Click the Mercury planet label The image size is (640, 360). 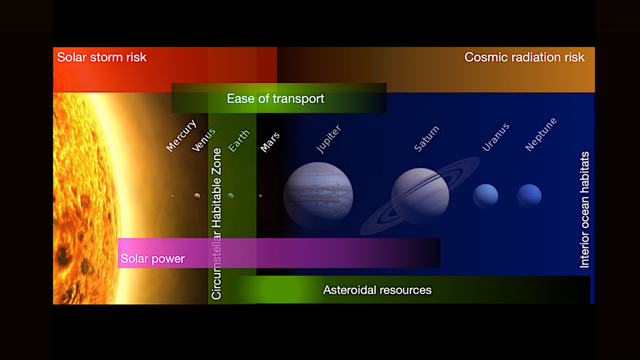coord(181,135)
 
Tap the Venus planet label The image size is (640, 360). coord(204,139)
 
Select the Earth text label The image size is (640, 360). coord(239,141)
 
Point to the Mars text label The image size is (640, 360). coord(270,142)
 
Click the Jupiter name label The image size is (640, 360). coord(329,139)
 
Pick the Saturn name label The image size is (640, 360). coord(427,139)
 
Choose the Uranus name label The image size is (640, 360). coord(496,137)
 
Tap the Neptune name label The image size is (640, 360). coord(541,134)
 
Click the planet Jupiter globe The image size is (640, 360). coord(318,194)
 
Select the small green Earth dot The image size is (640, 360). coord(231,196)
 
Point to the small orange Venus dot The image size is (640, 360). coord(197,196)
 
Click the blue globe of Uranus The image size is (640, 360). coord(486,196)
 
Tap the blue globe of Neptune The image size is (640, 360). coord(529,196)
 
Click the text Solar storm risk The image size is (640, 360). coord(102,57)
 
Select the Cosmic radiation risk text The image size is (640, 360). coord(524,57)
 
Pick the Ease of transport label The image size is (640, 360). coord(276,99)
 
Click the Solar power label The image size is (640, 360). coord(152,259)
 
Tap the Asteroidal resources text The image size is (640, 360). coord(377,290)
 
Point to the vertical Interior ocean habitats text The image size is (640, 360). coord(585,209)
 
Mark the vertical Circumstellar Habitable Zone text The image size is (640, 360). coord(217,224)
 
